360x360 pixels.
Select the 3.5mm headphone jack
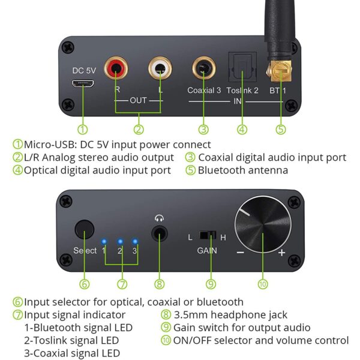pos(159,233)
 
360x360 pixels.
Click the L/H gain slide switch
pos(207,235)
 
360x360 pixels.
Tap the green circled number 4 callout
pos(242,128)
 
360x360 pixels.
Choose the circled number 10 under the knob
pos(263,283)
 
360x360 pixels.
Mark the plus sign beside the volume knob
pos(281,253)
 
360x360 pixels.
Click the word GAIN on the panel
pos(207,250)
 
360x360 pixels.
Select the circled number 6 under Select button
pos(84,283)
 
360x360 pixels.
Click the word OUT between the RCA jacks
pos(138,100)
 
